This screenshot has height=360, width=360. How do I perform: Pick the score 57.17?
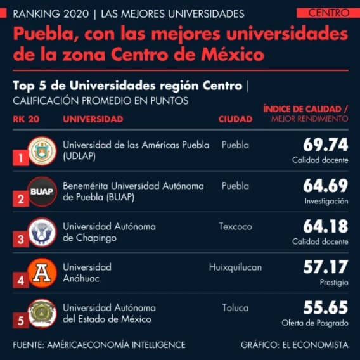coord(325,267)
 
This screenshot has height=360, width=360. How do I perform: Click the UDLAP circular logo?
coord(42,150)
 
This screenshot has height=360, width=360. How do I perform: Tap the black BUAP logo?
coord(42,191)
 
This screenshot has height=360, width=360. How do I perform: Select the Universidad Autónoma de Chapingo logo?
coord(42,231)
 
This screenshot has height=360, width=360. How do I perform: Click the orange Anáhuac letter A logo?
coord(42,273)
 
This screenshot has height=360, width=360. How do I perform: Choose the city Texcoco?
coord(236,226)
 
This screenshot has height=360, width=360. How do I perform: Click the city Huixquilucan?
coord(235,267)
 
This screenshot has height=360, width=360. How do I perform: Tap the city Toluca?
coord(235,308)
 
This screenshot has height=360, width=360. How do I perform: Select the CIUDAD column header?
coord(235,119)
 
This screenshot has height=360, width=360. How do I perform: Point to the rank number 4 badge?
coord(21,280)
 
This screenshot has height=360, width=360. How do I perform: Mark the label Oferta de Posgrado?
coord(315,323)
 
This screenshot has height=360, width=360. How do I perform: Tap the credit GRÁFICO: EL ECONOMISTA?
coord(294,345)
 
